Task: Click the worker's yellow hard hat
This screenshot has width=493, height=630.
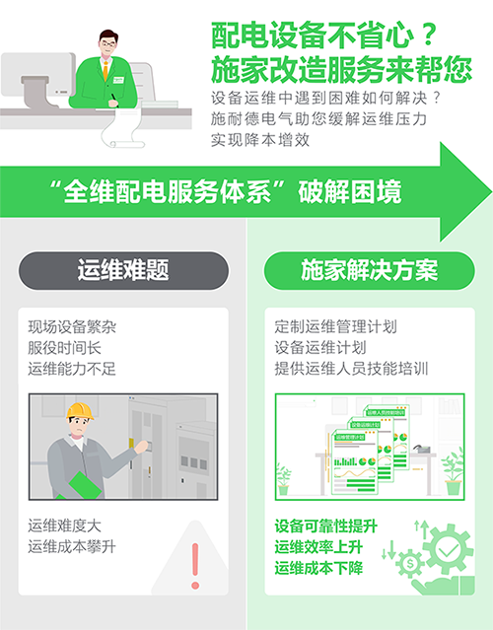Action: tap(80, 411)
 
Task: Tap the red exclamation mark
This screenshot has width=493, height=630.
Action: tap(195, 566)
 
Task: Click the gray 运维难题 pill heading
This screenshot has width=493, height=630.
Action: tap(123, 270)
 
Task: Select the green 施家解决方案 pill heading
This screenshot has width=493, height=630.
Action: tap(369, 270)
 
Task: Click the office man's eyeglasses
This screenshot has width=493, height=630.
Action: tap(107, 43)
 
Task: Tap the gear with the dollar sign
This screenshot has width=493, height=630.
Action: tap(410, 563)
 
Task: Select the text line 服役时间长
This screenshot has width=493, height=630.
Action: tap(64, 348)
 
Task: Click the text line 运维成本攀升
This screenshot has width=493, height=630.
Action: tap(72, 547)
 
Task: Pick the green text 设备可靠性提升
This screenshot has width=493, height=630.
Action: tap(325, 525)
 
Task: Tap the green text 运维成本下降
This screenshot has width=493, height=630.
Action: tap(318, 568)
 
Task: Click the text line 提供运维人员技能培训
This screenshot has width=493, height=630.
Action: tap(351, 369)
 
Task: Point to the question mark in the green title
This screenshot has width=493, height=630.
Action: tap(429, 35)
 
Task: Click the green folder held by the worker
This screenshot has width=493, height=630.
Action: tap(84, 486)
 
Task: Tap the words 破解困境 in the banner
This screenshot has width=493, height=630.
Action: tap(350, 191)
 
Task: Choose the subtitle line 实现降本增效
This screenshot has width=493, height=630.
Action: tap(260, 140)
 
